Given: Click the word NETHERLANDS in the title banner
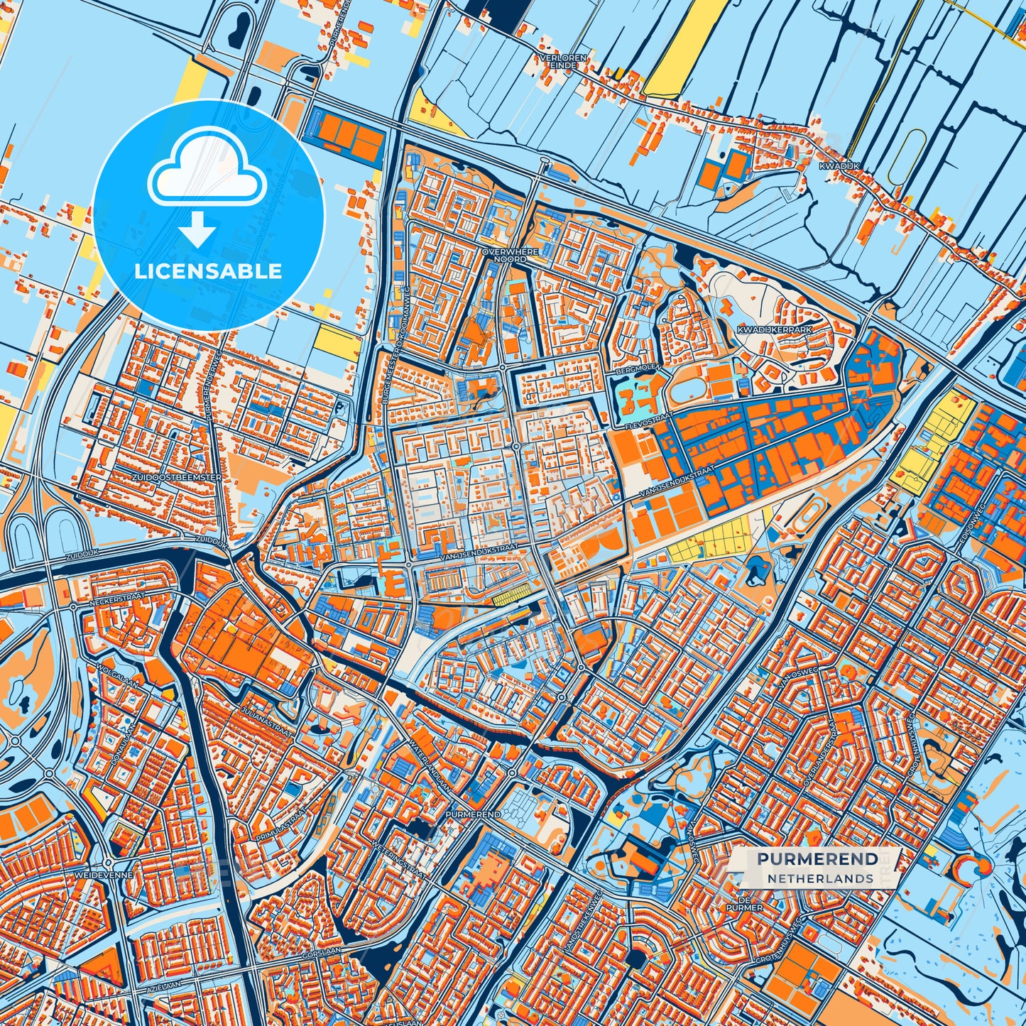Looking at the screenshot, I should click(x=819, y=878).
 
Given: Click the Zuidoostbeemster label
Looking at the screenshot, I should click(x=177, y=478).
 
